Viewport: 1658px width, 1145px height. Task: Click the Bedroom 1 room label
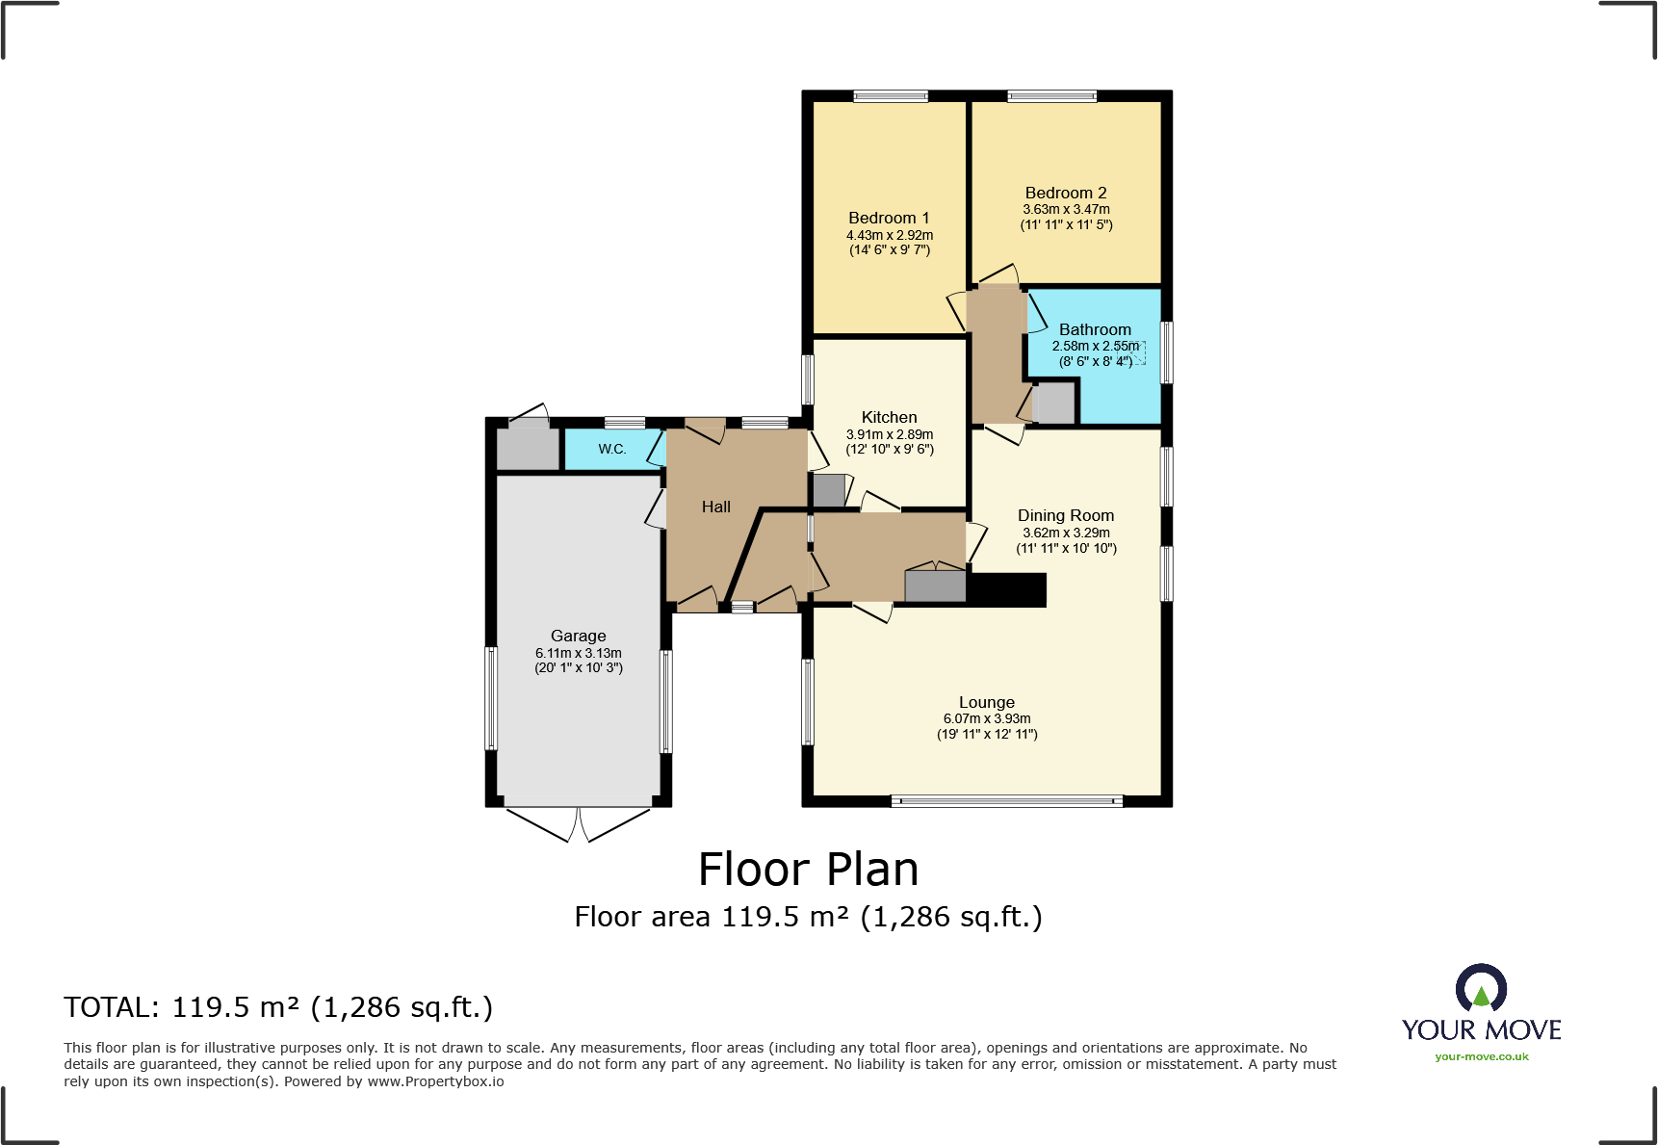point(889,218)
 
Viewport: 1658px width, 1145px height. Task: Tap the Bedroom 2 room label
point(1066,193)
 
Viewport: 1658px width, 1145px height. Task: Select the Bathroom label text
point(1095,329)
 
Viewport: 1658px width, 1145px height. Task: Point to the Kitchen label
point(889,417)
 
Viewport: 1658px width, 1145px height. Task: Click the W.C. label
point(612,449)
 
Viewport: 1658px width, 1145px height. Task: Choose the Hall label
point(715,507)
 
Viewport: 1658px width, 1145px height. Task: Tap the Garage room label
point(578,636)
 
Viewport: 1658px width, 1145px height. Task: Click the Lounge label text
point(987,702)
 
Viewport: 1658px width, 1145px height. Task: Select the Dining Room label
point(1066,515)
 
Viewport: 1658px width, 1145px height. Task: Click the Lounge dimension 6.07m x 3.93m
point(987,718)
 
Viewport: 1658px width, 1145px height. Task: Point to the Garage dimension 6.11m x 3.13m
point(579,653)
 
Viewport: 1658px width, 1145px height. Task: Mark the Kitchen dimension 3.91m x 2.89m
point(890,434)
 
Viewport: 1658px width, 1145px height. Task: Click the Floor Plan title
point(808,870)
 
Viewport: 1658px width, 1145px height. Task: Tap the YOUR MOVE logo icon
point(1481,987)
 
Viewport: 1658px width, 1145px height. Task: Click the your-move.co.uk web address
point(1482,1056)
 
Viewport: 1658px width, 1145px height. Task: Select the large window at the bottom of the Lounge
point(1007,800)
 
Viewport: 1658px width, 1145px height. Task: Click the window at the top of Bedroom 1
point(891,95)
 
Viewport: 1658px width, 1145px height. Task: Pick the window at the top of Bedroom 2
point(1052,95)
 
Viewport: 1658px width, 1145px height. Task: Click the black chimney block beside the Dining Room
point(1006,590)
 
